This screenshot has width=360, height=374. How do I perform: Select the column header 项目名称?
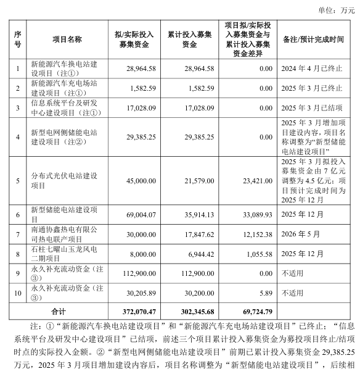(67, 39)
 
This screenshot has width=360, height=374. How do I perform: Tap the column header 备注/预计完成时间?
(312, 39)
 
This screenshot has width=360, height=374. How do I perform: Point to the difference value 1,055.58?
(256, 253)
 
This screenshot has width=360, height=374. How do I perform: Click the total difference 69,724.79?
(254, 309)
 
